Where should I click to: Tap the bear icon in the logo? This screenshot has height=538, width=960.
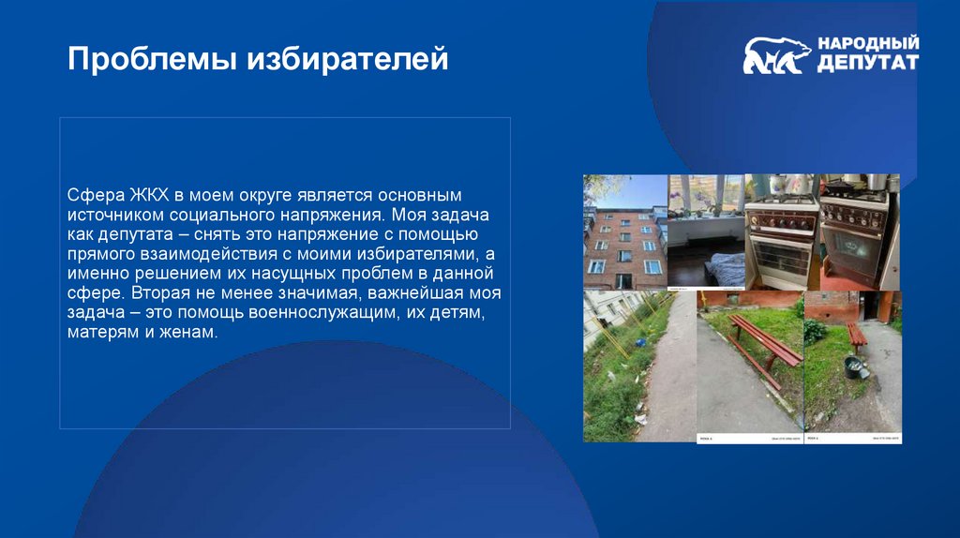click(x=776, y=56)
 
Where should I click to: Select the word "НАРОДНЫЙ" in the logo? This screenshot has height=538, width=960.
click(x=868, y=44)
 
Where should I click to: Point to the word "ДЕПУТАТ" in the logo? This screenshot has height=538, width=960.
click(x=867, y=64)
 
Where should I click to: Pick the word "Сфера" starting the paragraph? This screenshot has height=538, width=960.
click(x=90, y=196)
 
